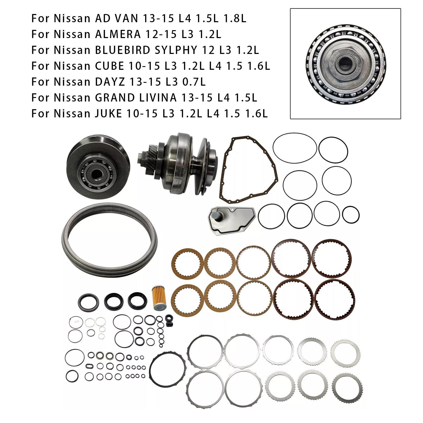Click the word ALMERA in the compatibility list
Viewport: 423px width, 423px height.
point(118,35)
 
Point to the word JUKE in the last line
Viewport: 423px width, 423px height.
point(108,114)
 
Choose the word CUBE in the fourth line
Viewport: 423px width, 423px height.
point(109,66)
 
